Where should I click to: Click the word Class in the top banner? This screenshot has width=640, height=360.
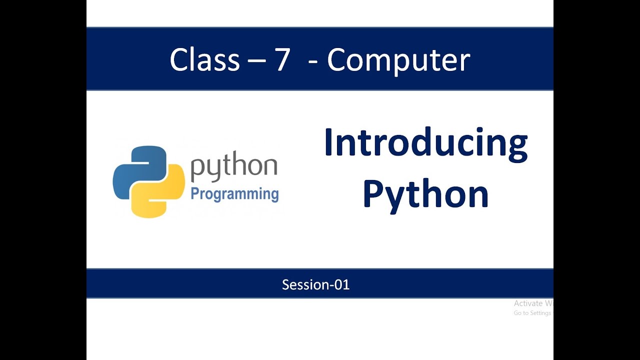(x=204, y=59)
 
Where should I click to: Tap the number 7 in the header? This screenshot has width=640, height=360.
(x=282, y=59)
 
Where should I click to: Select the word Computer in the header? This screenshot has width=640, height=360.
(x=398, y=60)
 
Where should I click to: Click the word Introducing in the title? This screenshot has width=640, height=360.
(x=425, y=143)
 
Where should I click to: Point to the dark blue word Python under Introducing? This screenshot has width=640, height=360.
(x=425, y=195)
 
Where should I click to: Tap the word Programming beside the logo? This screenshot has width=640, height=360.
(x=234, y=194)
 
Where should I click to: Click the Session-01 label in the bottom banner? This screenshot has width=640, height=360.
(x=315, y=285)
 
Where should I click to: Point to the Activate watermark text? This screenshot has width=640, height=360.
(x=532, y=303)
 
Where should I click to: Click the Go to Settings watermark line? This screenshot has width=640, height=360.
(x=532, y=313)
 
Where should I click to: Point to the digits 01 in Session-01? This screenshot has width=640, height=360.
(x=343, y=285)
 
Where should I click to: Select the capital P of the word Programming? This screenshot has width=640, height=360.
(x=194, y=193)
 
